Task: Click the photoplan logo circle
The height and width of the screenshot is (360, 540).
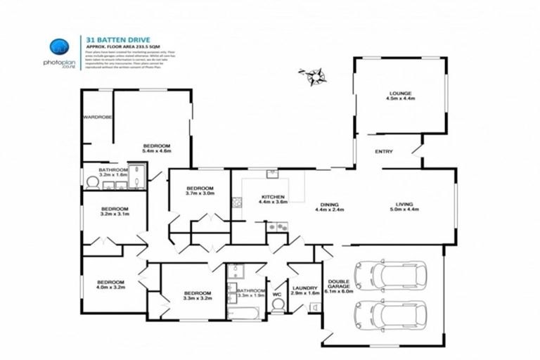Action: [x=59, y=47]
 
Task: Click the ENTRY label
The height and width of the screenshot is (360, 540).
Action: [x=384, y=152]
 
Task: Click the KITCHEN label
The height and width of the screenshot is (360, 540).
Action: [x=272, y=197]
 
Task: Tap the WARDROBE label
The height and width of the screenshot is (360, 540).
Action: [x=98, y=117]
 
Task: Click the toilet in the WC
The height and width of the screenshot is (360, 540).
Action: [x=278, y=304]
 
